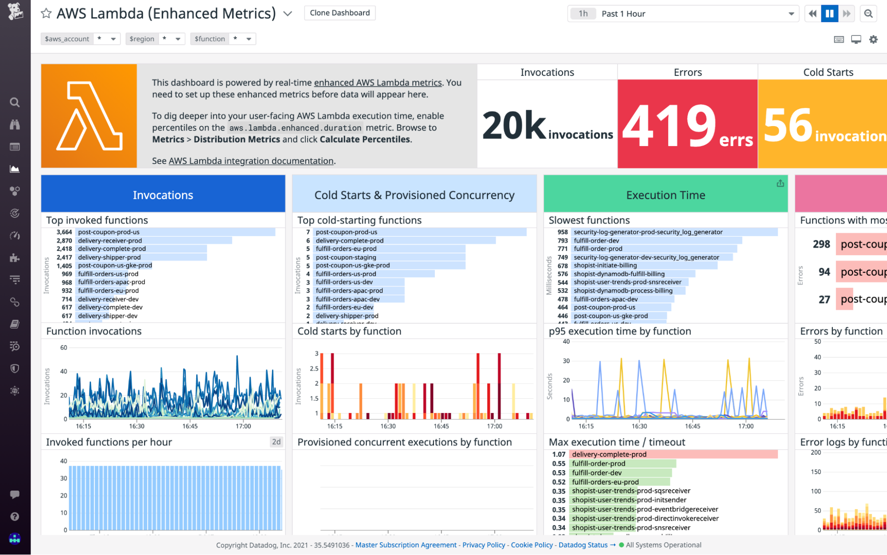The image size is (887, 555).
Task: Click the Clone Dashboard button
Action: [339, 13]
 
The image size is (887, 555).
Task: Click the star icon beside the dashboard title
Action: [46, 13]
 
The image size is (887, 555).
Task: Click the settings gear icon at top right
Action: [873, 40]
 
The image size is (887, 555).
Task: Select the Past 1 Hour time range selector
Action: [683, 14]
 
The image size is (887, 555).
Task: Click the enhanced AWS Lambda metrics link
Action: [378, 83]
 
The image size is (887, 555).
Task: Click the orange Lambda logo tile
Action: [89, 116]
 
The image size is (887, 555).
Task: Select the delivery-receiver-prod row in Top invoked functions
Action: [110, 241]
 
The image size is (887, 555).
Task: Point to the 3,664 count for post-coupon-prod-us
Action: [64, 232]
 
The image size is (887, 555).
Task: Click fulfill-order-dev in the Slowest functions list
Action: [596, 241]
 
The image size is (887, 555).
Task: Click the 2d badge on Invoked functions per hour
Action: [276, 442]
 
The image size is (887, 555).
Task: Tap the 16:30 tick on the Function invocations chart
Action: [137, 426]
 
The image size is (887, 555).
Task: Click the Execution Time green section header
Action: [665, 194]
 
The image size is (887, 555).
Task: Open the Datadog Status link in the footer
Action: [583, 545]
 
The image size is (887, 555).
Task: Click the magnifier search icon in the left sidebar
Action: [15, 103]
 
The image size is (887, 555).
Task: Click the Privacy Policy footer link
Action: [483, 545]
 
